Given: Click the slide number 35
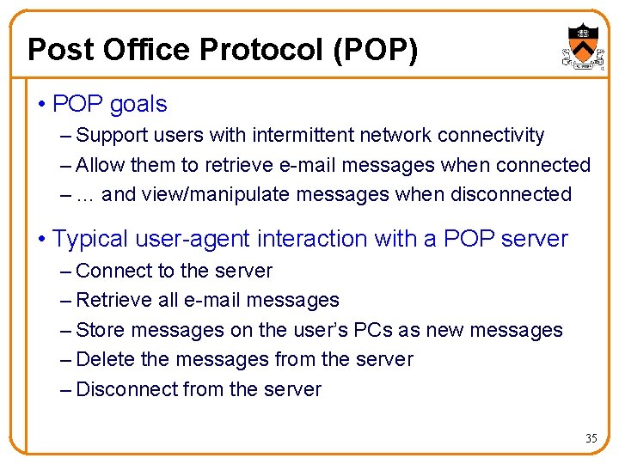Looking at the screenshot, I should click(x=591, y=438).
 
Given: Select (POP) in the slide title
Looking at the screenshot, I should click(x=373, y=50).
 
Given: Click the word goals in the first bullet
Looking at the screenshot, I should click(x=138, y=105).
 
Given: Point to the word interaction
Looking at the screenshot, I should click(x=342, y=238).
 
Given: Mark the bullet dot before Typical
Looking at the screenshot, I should click(x=42, y=239).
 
